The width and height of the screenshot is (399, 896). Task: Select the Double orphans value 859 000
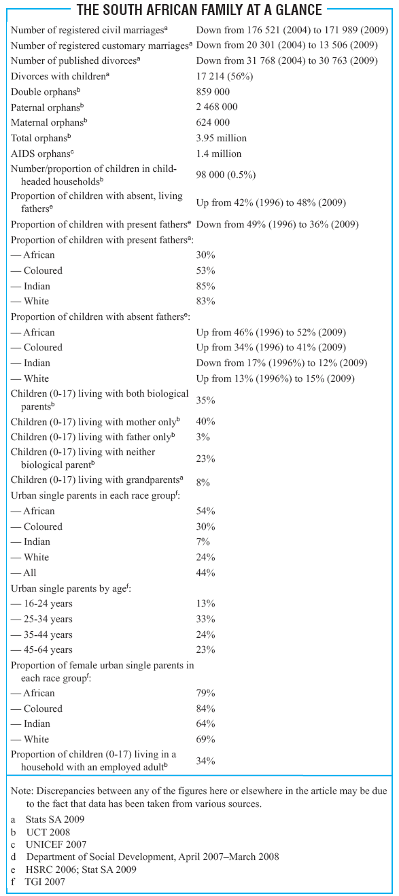click(213, 92)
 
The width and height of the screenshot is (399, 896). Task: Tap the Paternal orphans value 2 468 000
click(217, 107)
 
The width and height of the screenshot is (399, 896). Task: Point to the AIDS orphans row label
click(42, 154)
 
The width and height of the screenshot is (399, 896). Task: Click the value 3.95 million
click(222, 138)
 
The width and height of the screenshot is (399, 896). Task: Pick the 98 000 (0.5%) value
click(226, 175)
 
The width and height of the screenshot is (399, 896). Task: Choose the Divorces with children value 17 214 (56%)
click(224, 76)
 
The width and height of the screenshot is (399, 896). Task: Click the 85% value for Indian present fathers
click(206, 286)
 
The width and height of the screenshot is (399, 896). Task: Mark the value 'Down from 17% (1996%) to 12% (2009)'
click(281, 363)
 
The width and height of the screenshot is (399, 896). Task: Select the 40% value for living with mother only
click(206, 421)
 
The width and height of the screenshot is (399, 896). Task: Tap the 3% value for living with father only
click(203, 437)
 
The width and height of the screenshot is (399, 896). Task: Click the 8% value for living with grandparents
click(203, 482)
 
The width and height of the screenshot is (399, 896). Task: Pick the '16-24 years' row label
click(41, 604)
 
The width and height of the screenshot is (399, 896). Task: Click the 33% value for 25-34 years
click(206, 619)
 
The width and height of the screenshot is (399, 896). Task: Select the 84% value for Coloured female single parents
click(206, 709)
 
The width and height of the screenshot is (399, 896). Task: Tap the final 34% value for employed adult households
click(206, 760)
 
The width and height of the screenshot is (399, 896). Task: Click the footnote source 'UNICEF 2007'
click(56, 844)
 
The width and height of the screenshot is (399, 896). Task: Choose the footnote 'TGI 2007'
click(45, 882)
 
